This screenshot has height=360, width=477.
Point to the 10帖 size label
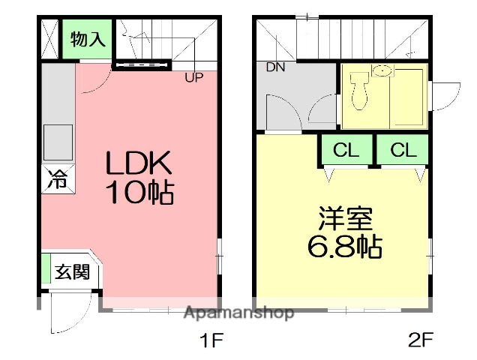(139, 193)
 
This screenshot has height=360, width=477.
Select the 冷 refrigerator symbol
(57, 180)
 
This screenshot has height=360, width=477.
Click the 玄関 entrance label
(72, 271)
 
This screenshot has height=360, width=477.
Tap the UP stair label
(193, 76)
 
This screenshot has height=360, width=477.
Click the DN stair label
(276, 67)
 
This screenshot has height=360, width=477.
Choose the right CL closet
(402, 150)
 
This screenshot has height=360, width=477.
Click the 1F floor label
(211, 341)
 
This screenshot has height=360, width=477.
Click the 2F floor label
(420, 341)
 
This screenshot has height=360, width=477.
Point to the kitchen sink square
(58, 139)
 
